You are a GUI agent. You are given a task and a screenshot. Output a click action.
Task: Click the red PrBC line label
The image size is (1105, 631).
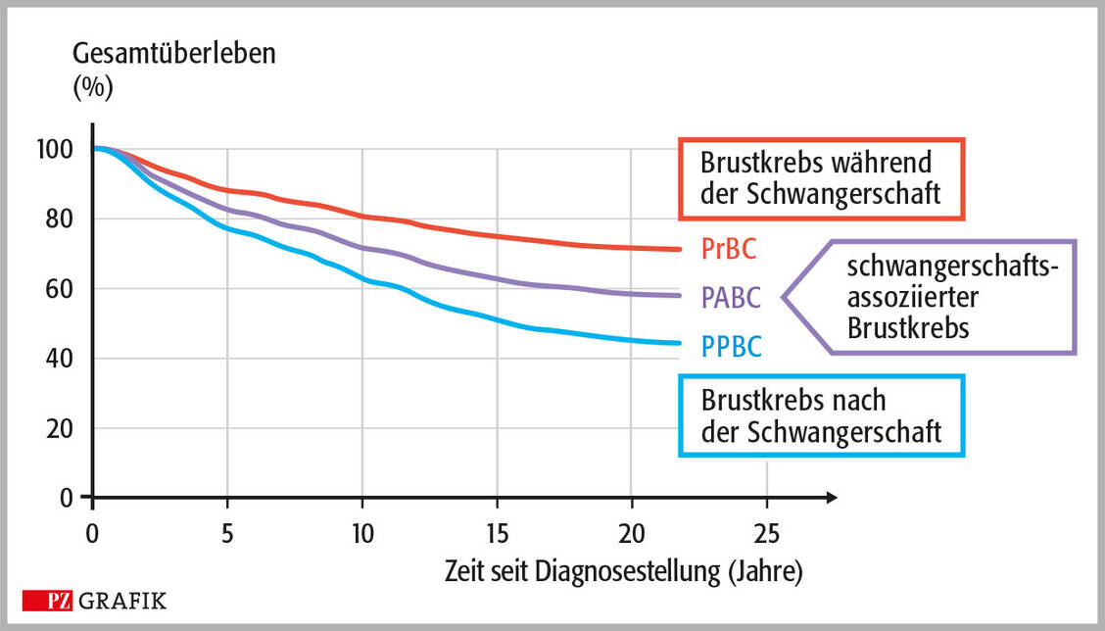click(x=729, y=248)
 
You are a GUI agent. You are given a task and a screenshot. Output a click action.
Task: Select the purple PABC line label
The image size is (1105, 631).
click(x=731, y=297)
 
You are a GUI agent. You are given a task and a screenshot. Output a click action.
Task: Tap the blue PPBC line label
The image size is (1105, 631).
click(x=731, y=346)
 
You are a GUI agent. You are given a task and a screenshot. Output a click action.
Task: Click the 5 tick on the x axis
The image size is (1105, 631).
click(x=227, y=536)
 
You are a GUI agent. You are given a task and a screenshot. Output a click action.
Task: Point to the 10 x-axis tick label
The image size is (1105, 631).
click(x=361, y=536)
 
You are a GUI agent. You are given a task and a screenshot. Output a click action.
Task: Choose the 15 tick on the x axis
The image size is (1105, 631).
click(x=497, y=536)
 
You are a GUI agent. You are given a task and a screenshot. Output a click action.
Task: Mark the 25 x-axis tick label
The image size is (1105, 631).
click(x=767, y=536)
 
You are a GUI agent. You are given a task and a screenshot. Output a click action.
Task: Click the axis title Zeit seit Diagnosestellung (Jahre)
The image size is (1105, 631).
click(x=623, y=571)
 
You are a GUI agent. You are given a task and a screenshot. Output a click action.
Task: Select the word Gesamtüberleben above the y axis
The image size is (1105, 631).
click(x=174, y=54)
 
